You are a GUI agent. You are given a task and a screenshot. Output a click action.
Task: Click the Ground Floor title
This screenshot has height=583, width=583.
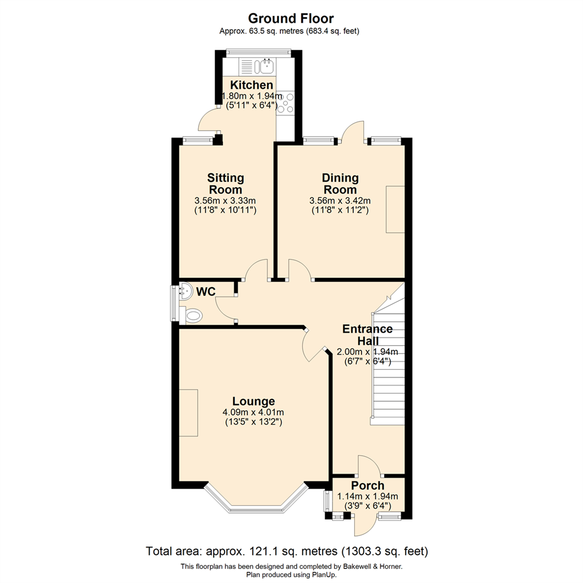[291, 19]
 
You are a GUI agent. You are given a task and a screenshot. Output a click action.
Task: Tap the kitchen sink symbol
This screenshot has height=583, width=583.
[266, 66]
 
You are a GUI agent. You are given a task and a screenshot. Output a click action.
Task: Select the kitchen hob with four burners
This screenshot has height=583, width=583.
[286, 103]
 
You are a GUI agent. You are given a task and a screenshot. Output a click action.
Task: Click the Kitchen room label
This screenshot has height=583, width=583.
[252, 85]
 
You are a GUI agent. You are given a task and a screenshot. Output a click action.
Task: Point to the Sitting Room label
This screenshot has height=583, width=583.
[226, 184]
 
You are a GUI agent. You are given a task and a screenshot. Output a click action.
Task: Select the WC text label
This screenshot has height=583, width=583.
[206, 292]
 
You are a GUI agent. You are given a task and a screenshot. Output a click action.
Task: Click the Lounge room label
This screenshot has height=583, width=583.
[253, 401]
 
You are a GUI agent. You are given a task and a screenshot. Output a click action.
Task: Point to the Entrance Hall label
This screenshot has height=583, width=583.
[368, 335]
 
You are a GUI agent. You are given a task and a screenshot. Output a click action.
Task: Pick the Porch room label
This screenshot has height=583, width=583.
[368, 486]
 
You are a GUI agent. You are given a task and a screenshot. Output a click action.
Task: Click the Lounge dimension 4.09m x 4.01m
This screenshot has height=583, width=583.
[253, 412]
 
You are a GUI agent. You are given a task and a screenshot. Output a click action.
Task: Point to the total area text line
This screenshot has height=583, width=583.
[287, 552]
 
